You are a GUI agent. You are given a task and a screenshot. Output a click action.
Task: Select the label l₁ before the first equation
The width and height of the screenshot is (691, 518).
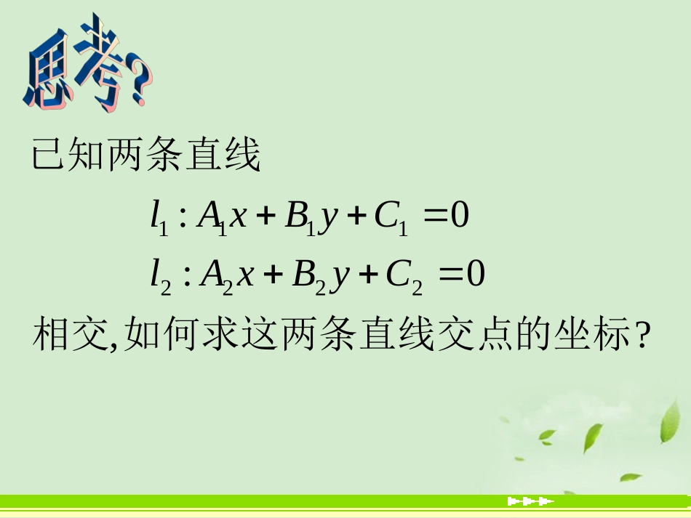(x=159, y=219)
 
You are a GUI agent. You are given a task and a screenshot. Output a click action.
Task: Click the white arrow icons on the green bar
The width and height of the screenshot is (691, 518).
(x=530, y=501)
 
